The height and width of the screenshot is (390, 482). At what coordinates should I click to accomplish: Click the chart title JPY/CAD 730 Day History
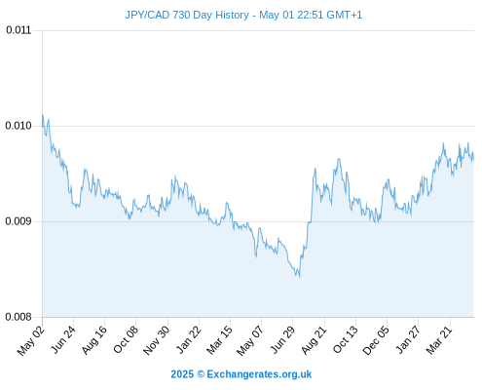click(187, 15)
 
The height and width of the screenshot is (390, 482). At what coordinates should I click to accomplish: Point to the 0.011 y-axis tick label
click(19, 30)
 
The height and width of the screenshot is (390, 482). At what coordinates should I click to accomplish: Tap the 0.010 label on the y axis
click(19, 126)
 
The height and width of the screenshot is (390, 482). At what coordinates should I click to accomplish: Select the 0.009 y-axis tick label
click(19, 221)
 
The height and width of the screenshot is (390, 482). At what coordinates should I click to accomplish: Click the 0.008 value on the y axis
click(19, 317)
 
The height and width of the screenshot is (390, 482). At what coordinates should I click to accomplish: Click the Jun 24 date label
click(63, 339)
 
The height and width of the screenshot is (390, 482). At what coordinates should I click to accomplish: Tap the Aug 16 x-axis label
click(94, 339)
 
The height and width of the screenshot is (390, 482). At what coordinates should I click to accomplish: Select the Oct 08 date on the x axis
click(126, 339)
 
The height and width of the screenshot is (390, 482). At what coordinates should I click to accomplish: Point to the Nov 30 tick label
click(156, 340)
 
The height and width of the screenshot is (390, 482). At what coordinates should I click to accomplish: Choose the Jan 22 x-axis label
click(189, 339)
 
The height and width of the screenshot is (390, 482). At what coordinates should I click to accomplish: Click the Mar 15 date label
click(220, 340)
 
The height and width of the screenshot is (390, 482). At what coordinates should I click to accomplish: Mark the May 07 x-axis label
click(249, 340)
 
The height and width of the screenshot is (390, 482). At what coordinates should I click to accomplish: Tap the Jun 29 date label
click(283, 339)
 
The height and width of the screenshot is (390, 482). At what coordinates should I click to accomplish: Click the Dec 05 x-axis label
click(376, 340)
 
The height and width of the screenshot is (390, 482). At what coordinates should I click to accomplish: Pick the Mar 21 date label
click(439, 340)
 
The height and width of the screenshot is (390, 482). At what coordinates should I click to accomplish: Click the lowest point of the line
click(299, 277)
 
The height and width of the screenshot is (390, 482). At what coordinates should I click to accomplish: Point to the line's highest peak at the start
click(43, 114)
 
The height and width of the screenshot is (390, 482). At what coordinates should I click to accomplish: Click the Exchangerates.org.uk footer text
click(259, 374)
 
